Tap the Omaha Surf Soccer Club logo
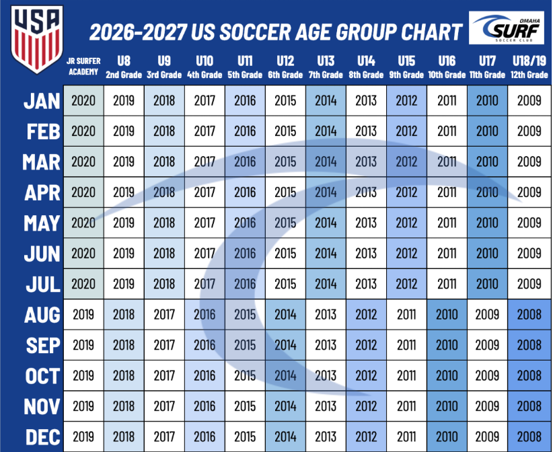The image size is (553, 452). [x=509, y=29]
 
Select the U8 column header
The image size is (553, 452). [x=124, y=68]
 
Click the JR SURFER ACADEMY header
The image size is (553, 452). [x=83, y=68]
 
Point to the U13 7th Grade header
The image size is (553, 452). [x=326, y=68]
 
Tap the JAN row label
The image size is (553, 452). [x=42, y=101]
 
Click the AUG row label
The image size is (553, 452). [x=42, y=315]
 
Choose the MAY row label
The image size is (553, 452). [x=42, y=223]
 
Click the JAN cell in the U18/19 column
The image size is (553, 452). [x=529, y=101]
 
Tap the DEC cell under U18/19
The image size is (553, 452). [x=529, y=437]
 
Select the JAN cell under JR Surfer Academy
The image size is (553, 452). [x=83, y=101]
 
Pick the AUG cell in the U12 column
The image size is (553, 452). [x=285, y=315]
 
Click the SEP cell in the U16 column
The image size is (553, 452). [x=447, y=345]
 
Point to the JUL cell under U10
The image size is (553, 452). [x=205, y=284]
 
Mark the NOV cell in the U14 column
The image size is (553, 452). [x=366, y=406]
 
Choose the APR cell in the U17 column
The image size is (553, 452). [x=487, y=192]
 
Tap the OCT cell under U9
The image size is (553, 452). [x=164, y=375]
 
